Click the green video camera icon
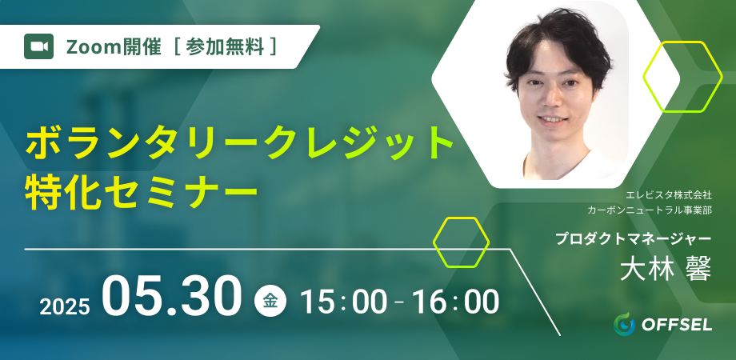(x=39, y=46)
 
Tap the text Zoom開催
(x=114, y=47)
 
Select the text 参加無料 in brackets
(x=225, y=47)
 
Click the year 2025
(x=64, y=307)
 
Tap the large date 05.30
(x=172, y=296)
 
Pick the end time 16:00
(x=455, y=302)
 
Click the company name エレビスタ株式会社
(x=669, y=194)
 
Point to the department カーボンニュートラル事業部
(x=650, y=210)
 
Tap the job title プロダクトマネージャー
(x=634, y=238)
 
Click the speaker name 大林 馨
(x=666, y=269)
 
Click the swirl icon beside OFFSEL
(x=624, y=324)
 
